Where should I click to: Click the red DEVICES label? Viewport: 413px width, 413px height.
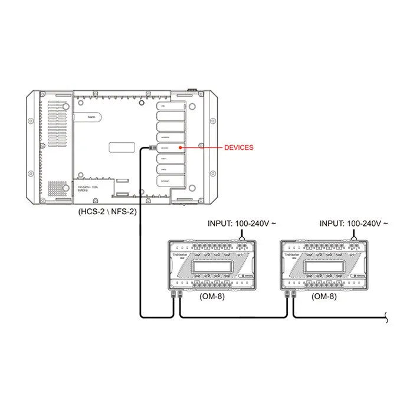click(x=238, y=147)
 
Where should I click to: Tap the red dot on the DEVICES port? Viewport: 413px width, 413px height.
click(x=180, y=147)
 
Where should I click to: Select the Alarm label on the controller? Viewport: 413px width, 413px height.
click(x=91, y=118)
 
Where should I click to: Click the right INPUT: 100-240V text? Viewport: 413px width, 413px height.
click(x=353, y=224)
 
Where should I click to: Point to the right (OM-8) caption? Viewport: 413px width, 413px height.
click(x=324, y=296)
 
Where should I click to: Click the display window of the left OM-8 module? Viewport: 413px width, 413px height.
click(x=209, y=267)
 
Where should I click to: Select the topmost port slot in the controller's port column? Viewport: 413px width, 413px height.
click(x=171, y=106)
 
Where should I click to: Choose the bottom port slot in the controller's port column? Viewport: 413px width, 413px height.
click(x=171, y=181)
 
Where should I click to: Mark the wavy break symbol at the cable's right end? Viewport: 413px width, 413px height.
click(x=386, y=318)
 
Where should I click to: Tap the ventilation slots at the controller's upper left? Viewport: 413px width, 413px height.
click(x=57, y=118)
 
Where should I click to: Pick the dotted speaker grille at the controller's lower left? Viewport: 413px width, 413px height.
click(x=57, y=188)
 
